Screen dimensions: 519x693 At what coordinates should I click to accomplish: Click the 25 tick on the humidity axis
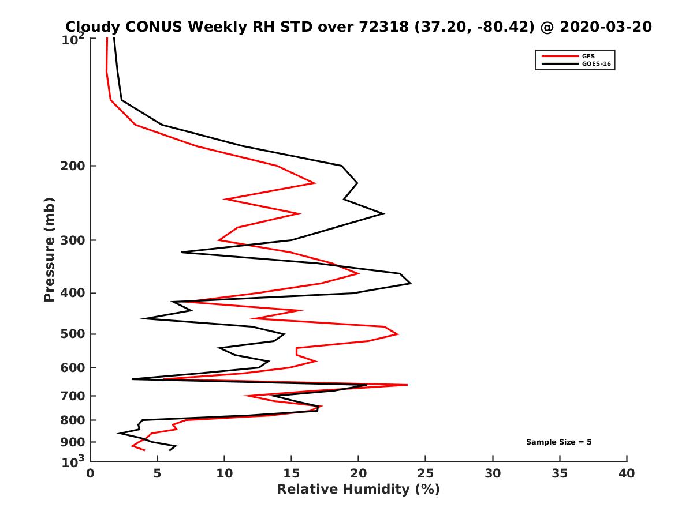point(426,473)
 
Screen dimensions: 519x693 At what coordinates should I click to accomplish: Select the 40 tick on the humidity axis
point(627,473)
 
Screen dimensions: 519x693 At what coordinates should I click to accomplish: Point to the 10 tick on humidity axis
point(224,473)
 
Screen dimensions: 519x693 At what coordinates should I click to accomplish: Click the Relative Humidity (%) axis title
point(358,490)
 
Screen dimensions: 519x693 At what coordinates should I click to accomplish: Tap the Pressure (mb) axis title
point(49,249)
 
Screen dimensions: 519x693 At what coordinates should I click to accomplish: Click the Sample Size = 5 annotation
point(558,442)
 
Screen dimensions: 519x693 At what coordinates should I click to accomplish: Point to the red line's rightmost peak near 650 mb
point(407,385)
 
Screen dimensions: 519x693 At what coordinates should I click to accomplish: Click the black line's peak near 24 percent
point(411,283)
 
